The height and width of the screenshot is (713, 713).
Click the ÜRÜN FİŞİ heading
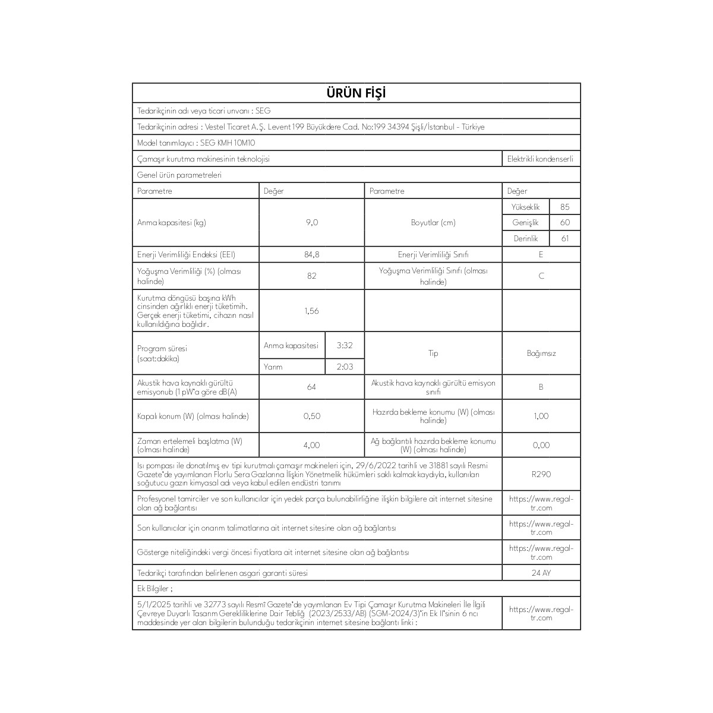(x=356, y=93)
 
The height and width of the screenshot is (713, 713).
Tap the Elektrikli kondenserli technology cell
(x=540, y=159)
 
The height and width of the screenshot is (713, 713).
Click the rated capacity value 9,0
(x=311, y=222)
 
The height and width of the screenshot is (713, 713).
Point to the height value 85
(x=564, y=207)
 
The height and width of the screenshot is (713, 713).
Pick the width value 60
(x=564, y=222)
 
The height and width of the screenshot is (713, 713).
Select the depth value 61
(x=564, y=238)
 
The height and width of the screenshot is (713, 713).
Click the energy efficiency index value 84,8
(x=311, y=254)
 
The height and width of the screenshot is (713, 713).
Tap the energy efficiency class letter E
(x=541, y=254)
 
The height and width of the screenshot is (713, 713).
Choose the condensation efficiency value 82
(x=311, y=276)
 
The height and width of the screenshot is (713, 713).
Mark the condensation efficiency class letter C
(x=541, y=276)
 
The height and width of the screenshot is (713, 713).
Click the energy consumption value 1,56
(x=311, y=311)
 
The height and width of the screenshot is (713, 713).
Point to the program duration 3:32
(x=345, y=345)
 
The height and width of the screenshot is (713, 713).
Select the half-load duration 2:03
(x=345, y=367)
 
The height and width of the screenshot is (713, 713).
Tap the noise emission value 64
(x=311, y=387)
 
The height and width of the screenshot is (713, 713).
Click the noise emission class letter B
(x=541, y=387)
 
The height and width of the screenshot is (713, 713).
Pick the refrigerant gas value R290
(x=541, y=475)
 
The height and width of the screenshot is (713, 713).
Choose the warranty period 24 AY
(x=541, y=573)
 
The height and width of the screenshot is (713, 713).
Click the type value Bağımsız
(x=541, y=354)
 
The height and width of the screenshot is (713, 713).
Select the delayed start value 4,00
(x=311, y=445)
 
